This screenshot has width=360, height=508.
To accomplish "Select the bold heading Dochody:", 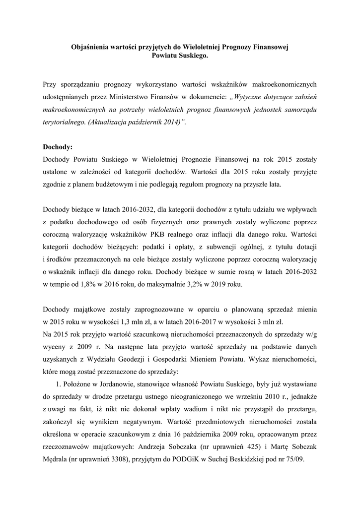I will pyautogui.click(x=58, y=147).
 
